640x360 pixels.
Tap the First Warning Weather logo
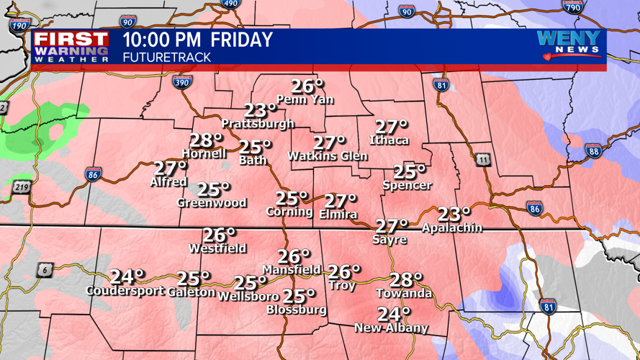[71, 47]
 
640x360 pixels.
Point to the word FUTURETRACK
[166, 57]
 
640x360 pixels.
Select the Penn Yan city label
[305, 100]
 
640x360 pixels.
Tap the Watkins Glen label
[328, 156]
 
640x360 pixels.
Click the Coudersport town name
[125, 292]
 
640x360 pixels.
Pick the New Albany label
[391, 328]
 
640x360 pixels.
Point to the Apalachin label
[452, 228]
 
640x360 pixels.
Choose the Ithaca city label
[389, 140]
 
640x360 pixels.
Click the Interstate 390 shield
[183, 83]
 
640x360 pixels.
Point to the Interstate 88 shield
[593, 150]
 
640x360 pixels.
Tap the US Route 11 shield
[482, 159]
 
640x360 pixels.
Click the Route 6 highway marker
[45, 270]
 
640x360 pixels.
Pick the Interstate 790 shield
[572, 6]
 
